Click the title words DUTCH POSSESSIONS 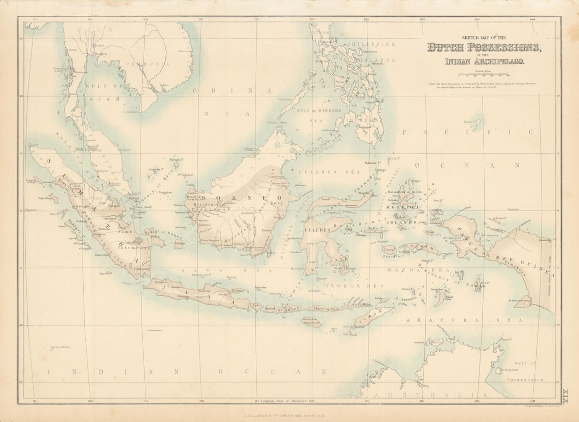pos(484,48)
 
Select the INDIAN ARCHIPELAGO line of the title pos(484,62)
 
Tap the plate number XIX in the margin pos(566,393)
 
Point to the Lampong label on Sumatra pos(142,268)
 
